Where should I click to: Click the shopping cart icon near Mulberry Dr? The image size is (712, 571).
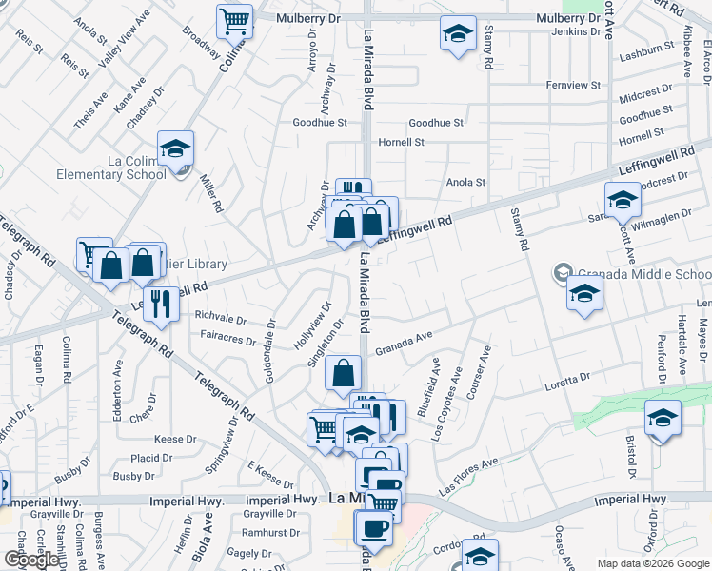coord(234,19)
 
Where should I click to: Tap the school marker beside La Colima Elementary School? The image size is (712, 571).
coord(176,149)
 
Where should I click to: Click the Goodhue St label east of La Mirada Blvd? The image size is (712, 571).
coord(435,123)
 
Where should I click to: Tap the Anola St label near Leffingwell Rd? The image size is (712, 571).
coord(466,182)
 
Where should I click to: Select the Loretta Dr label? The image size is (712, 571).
coord(567,379)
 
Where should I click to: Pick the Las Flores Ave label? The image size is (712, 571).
coord(468,476)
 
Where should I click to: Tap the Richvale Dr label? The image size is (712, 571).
coord(220,313)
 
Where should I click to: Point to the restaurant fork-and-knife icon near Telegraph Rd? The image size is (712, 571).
coord(162,305)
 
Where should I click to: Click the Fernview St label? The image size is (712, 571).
coord(574,85)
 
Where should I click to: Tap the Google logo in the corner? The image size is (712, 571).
coord(31,560)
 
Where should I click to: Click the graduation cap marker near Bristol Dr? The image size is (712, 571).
coord(663,419)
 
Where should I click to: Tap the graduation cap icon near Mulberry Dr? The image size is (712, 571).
coord(458,34)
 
